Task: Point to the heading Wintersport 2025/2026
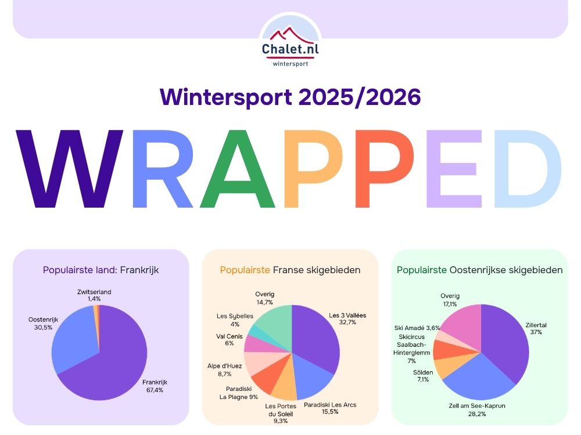(x=290, y=97)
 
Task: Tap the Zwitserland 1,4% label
(x=94, y=295)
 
